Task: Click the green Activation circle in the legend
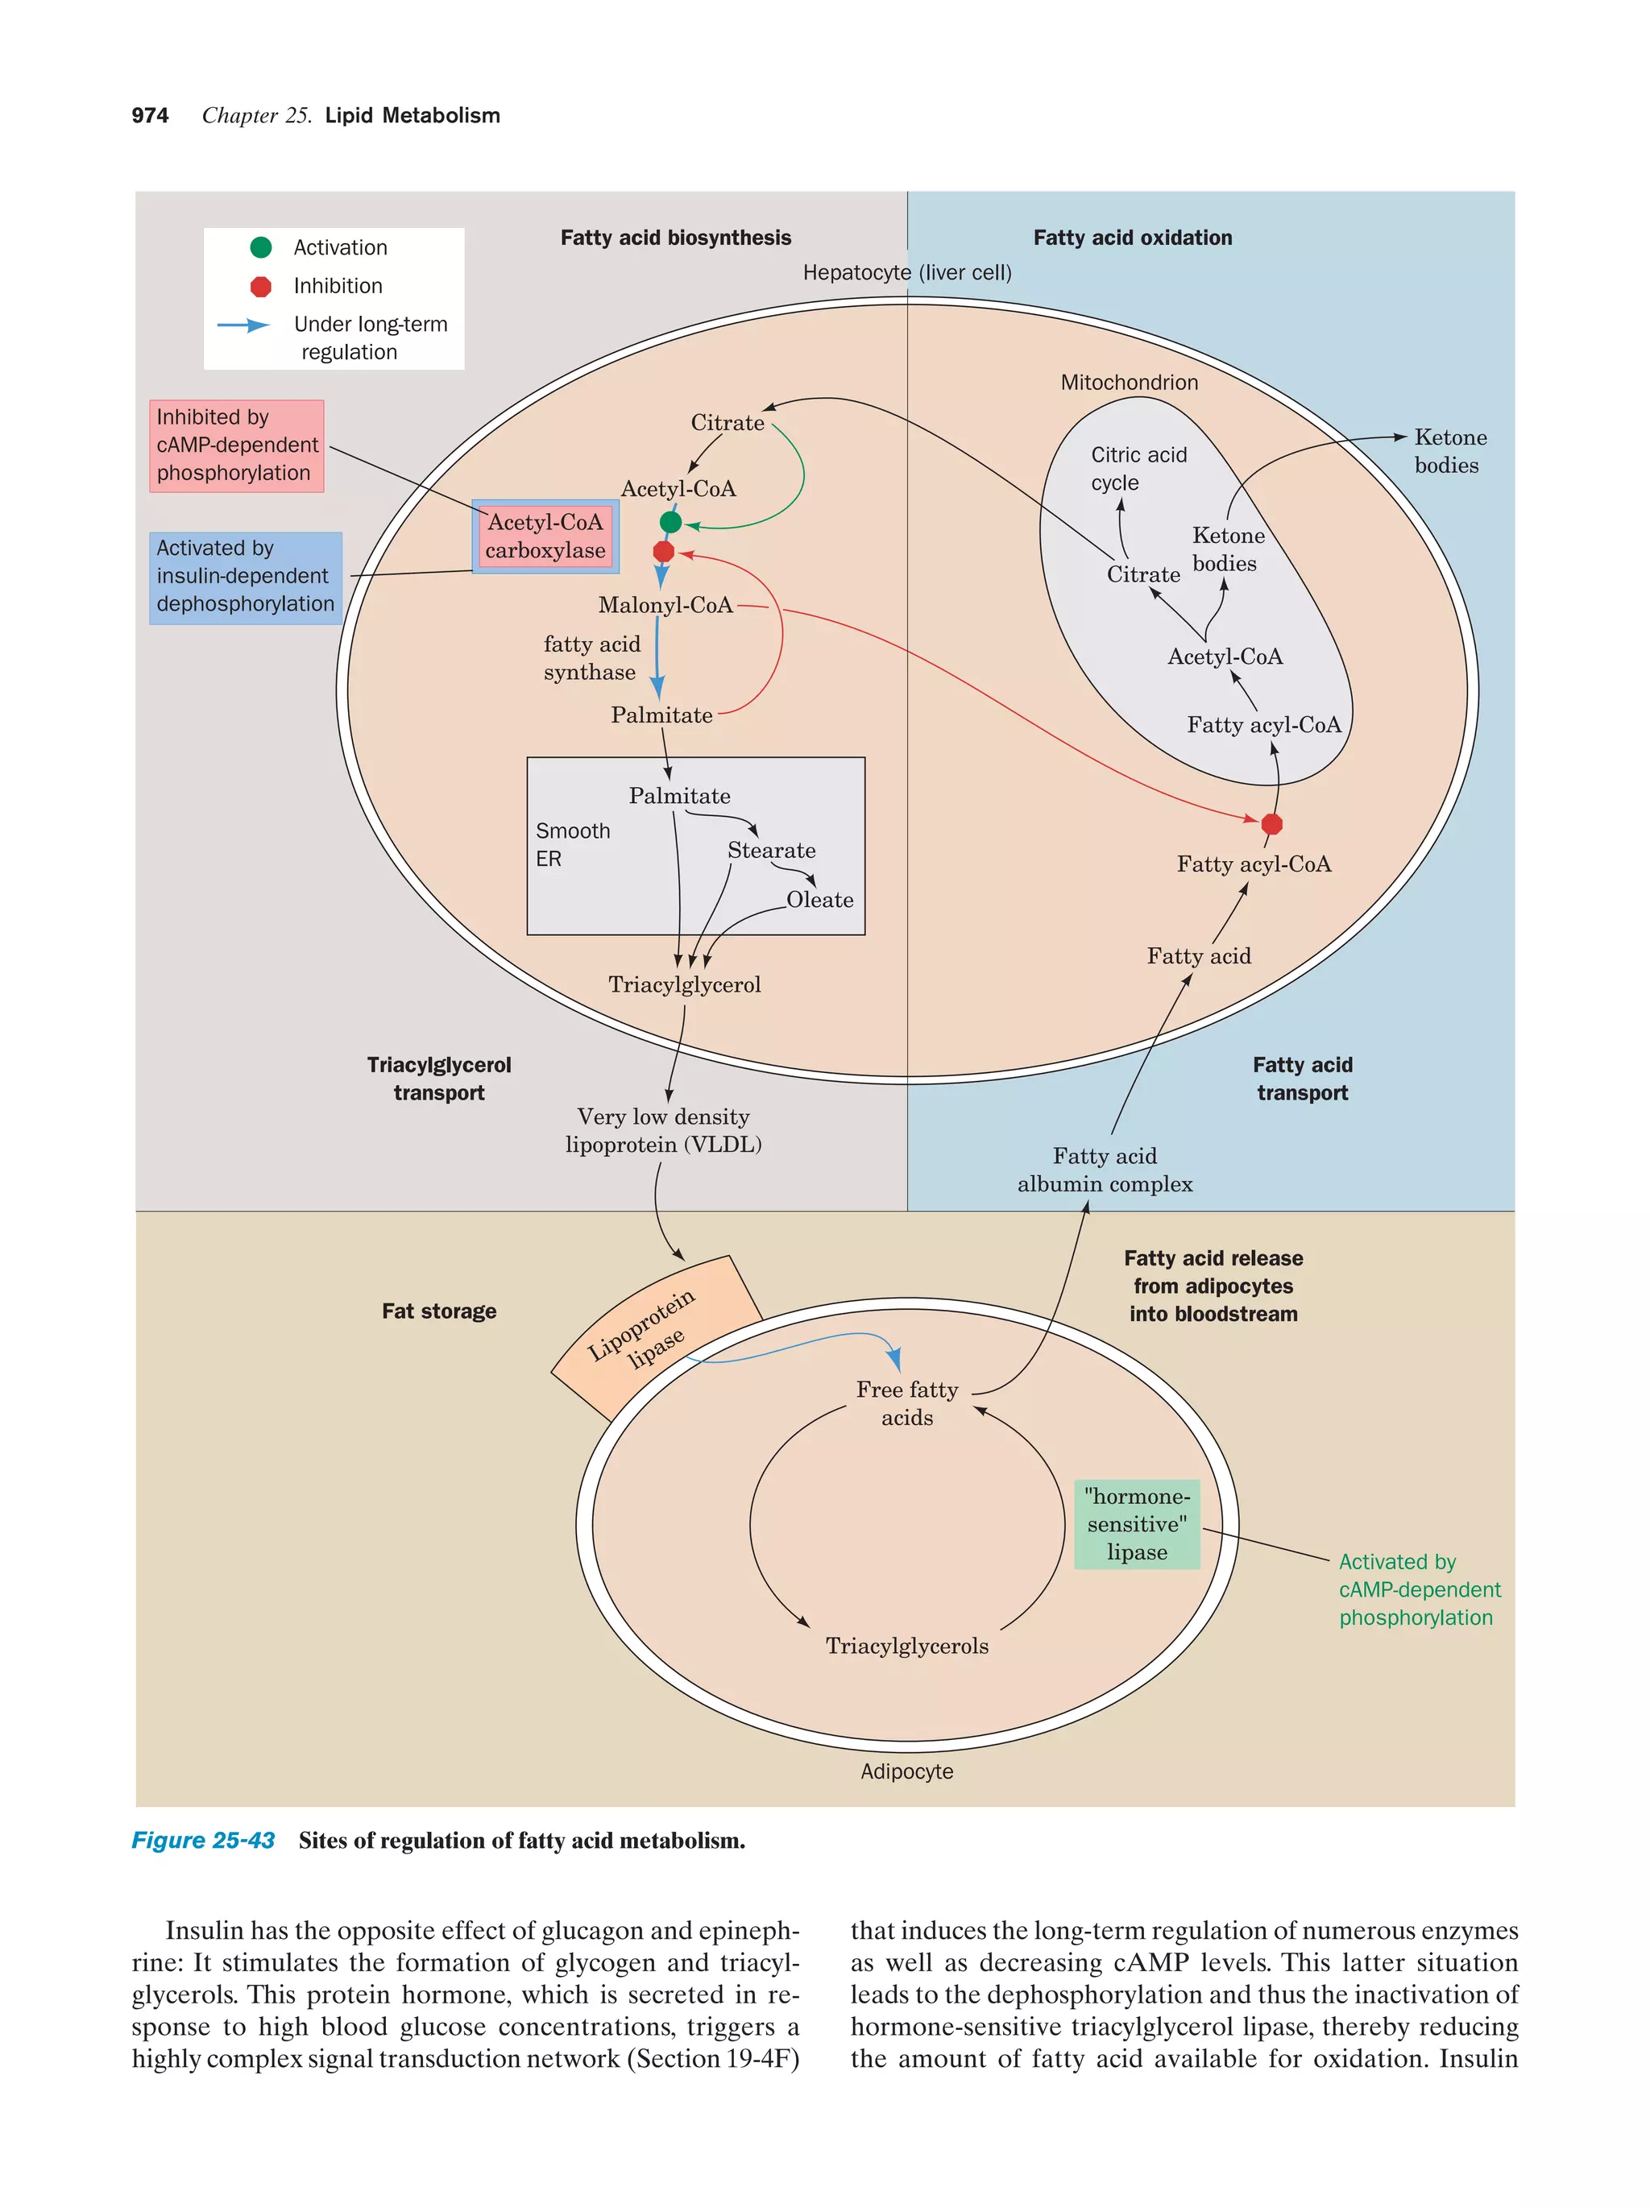tap(260, 247)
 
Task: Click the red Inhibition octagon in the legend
tap(260, 287)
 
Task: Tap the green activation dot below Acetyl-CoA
tap(671, 522)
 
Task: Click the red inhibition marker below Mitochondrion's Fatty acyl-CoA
tap(1271, 823)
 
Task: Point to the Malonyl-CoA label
tap(665, 605)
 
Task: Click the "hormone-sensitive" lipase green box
tap(1137, 1524)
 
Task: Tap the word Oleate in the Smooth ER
tap(819, 899)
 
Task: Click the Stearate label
tap(770, 851)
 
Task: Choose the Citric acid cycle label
tap(1138, 468)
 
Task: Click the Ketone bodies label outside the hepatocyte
tap(1449, 451)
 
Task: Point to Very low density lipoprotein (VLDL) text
tap(663, 1131)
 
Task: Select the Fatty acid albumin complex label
tap(1104, 1170)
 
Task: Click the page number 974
tap(150, 116)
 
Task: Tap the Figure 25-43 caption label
tap(203, 1840)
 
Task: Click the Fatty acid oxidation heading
tap(1132, 238)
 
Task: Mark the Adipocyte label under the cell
tap(906, 1771)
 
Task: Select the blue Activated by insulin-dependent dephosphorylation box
tap(246, 577)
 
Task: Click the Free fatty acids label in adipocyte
tap(906, 1402)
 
